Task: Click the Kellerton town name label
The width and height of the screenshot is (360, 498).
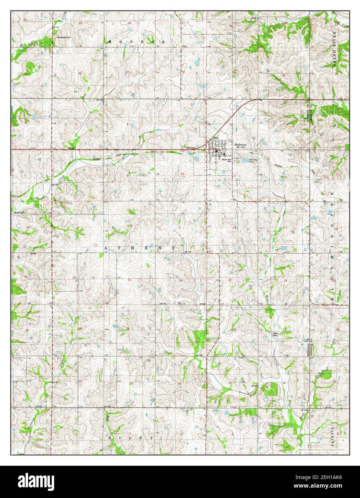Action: click(x=241, y=144)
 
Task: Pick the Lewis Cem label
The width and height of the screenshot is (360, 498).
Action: click(x=275, y=333)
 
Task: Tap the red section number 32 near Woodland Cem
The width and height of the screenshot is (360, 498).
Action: click(x=80, y=73)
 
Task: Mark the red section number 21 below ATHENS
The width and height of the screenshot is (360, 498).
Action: click(x=129, y=279)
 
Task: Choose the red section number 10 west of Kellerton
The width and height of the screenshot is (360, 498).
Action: click(x=183, y=174)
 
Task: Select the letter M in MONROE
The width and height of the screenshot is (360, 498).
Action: click(x=110, y=42)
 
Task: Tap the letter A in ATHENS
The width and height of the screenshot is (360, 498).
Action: click(x=106, y=248)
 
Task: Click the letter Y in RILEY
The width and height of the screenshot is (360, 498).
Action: click(x=152, y=438)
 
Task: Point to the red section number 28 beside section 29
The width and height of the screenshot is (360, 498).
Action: click(x=128, y=329)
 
